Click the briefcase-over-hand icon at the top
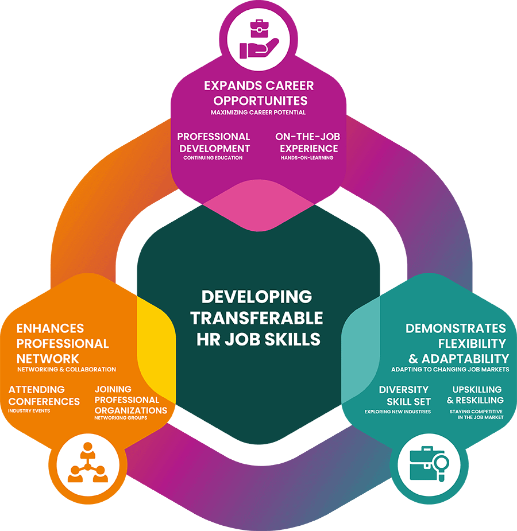pos(258,38)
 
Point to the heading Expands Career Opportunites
pos(258,93)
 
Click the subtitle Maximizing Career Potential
pos(258,113)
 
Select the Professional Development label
pos(214,142)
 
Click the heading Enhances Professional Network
pos(62,343)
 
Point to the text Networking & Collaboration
pos(67,369)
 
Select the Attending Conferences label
pos(44,395)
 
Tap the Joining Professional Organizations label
pos(130,400)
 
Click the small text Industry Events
pos(29,411)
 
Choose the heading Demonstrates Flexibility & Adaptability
pos(456,343)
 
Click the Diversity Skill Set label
pos(404,395)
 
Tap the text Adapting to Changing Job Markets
pos(449,370)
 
